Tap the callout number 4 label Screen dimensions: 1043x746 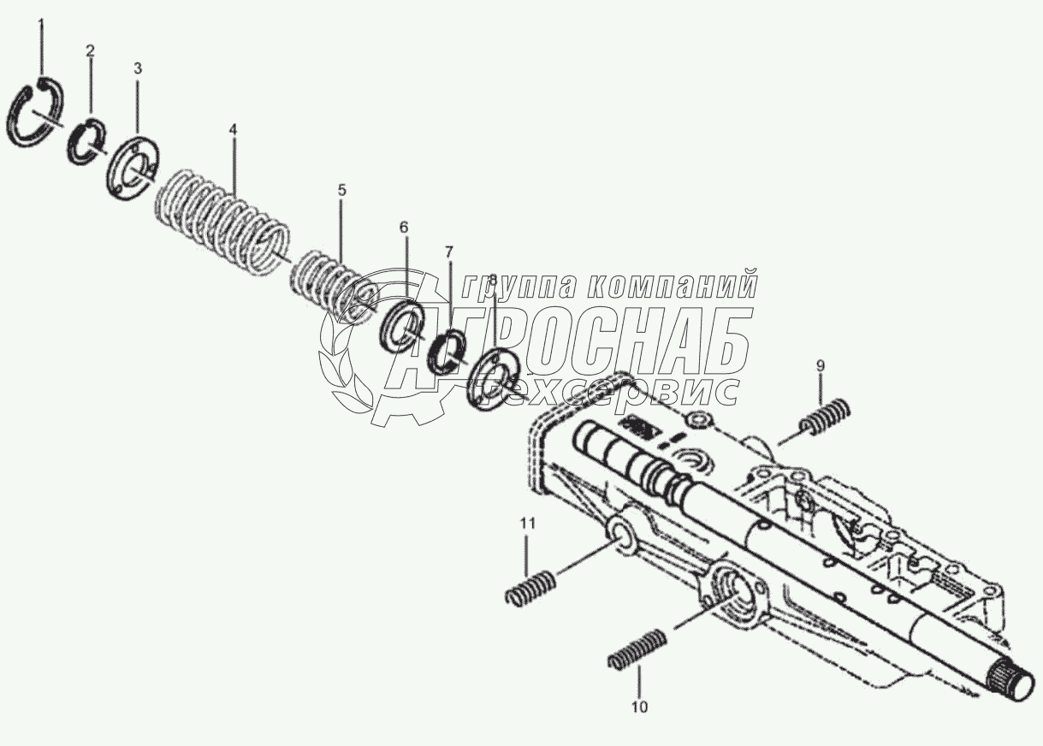coord(232,130)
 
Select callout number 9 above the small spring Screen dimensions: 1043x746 coord(819,366)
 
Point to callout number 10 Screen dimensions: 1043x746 coord(639,707)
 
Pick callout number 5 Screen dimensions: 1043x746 coord(341,190)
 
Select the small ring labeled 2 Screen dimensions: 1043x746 coord(86,140)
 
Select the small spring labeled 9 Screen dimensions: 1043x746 coord(824,417)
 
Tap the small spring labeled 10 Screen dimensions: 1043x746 coord(637,649)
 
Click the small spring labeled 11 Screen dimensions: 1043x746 coord(530,589)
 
